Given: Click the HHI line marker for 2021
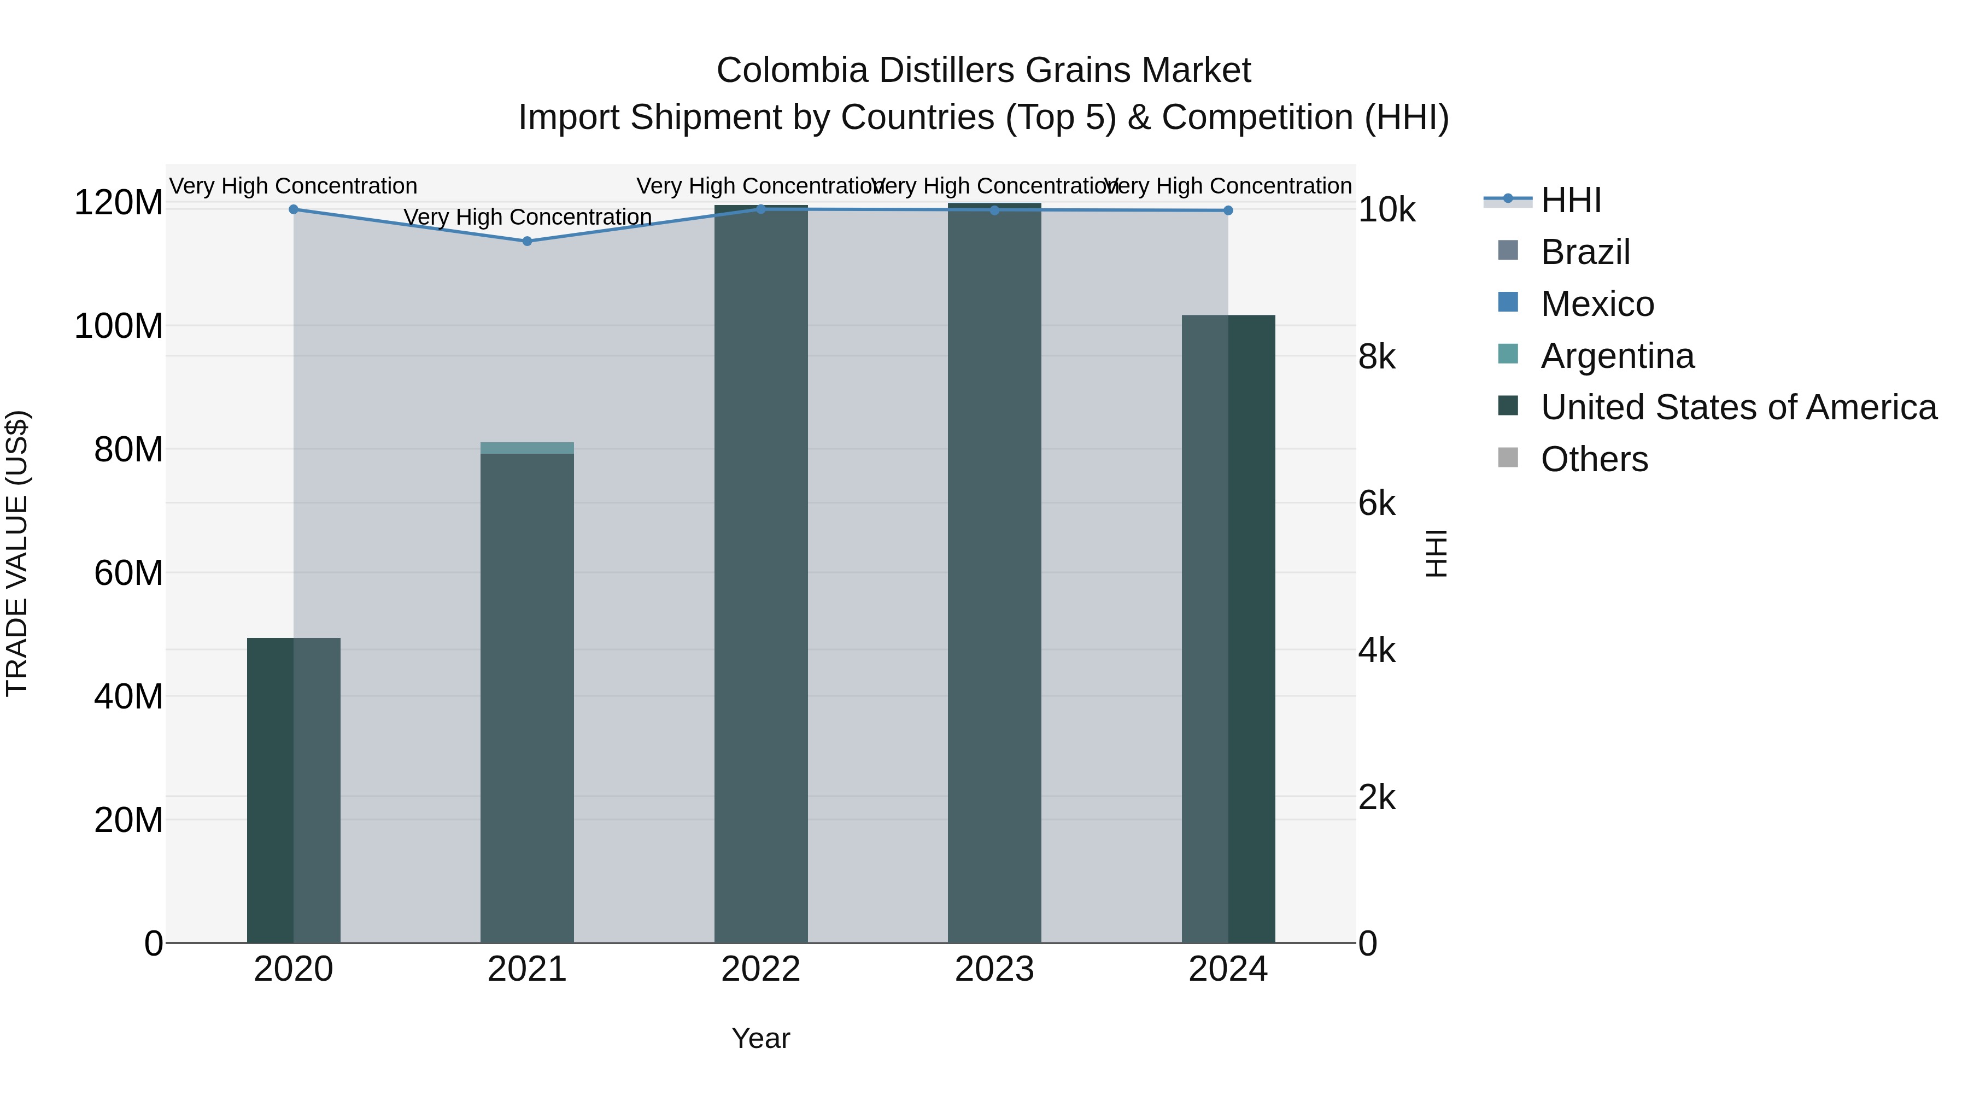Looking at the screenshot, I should point(527,242).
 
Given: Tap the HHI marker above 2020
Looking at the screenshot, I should point(294,209).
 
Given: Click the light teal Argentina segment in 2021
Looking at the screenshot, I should point(527,448).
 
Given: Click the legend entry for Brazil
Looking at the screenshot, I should point(1585,252).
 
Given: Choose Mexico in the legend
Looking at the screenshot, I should point(1597,304).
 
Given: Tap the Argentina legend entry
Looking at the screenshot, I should point(1616,356).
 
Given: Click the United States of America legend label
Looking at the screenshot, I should point(1738,407).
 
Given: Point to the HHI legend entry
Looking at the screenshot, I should point(1570,200).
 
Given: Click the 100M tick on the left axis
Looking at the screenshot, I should point(119,326).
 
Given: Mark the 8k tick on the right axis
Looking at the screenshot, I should point(1377,357).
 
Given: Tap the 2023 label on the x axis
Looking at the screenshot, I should point(994,969).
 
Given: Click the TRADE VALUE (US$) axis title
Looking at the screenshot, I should point(17,553).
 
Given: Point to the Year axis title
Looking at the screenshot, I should point(760,1038).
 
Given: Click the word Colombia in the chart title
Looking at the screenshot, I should point(792,71).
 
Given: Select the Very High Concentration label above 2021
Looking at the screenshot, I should point(527,217).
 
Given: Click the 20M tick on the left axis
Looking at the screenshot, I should point(127,820).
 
